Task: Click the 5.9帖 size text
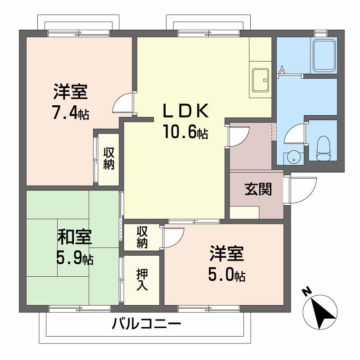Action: [x=75, y=258]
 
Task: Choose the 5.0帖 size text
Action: [x=226, y=274]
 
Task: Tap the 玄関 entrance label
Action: [x=258, y=189]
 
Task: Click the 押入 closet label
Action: [x=142, y=279]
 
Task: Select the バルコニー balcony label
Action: [x=147, y=323]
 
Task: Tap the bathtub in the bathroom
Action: [x=324, y=56]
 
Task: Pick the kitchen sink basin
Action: [x=260, y=80]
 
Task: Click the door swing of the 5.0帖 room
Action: [x=174, y=238]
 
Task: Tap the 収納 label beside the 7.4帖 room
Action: [x=109, y=158]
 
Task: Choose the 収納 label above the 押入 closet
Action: [x=142, y=238]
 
